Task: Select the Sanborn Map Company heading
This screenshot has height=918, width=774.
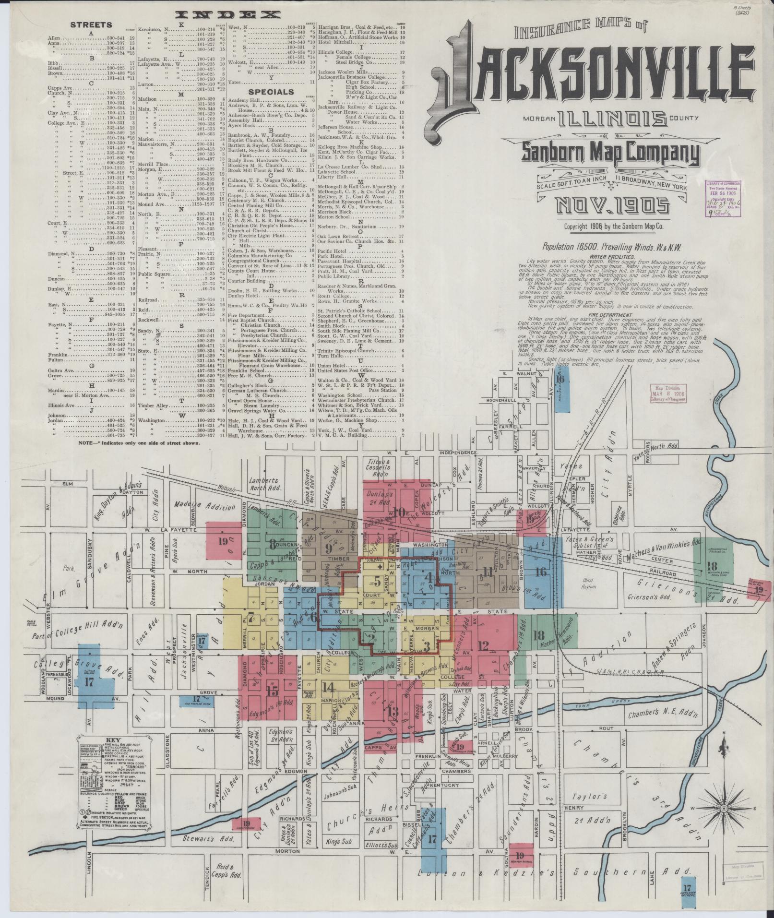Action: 610,153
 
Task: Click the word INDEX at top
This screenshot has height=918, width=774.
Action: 228,15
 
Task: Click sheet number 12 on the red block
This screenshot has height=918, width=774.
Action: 483,645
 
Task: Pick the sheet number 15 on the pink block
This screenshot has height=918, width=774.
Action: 272,691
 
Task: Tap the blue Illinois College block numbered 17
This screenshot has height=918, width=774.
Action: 89,681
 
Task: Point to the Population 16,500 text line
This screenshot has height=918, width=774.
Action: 612,247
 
